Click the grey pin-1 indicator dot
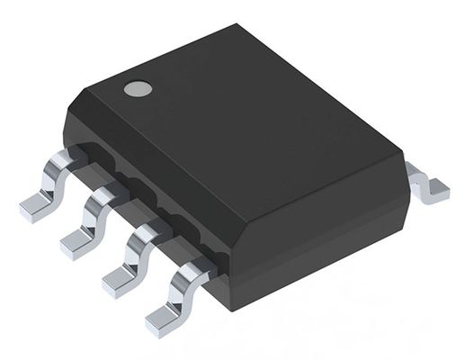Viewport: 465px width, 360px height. (138, 89)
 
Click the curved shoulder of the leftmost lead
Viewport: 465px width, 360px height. (61, 165)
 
